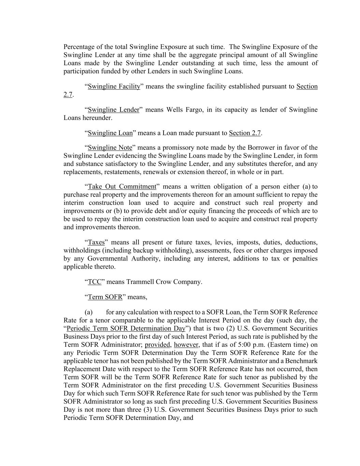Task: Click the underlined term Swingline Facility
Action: tap(114, 86)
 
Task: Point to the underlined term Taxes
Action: tap(96, 242)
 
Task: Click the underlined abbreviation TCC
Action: tap(95, 282)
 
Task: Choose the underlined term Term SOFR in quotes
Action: tap(105, 297)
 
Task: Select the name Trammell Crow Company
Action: tap(164, 282)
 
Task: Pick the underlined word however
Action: tap(186, 345)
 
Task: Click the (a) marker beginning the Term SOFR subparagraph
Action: tap(89, 312)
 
